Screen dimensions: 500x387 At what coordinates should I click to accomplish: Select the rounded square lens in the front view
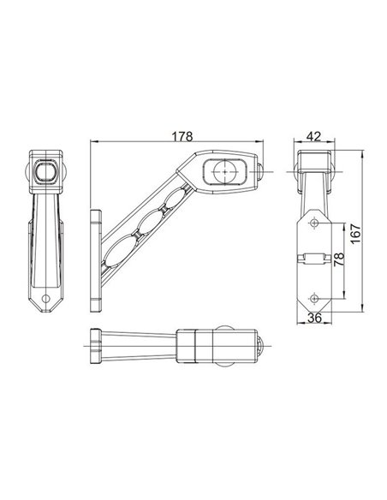(45, 174)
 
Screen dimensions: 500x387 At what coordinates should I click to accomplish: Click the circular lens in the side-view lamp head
(224, 170)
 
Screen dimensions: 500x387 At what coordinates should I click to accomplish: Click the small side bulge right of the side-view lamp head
(262, 172)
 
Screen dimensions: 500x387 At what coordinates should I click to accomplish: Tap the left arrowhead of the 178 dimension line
(92, 143)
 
